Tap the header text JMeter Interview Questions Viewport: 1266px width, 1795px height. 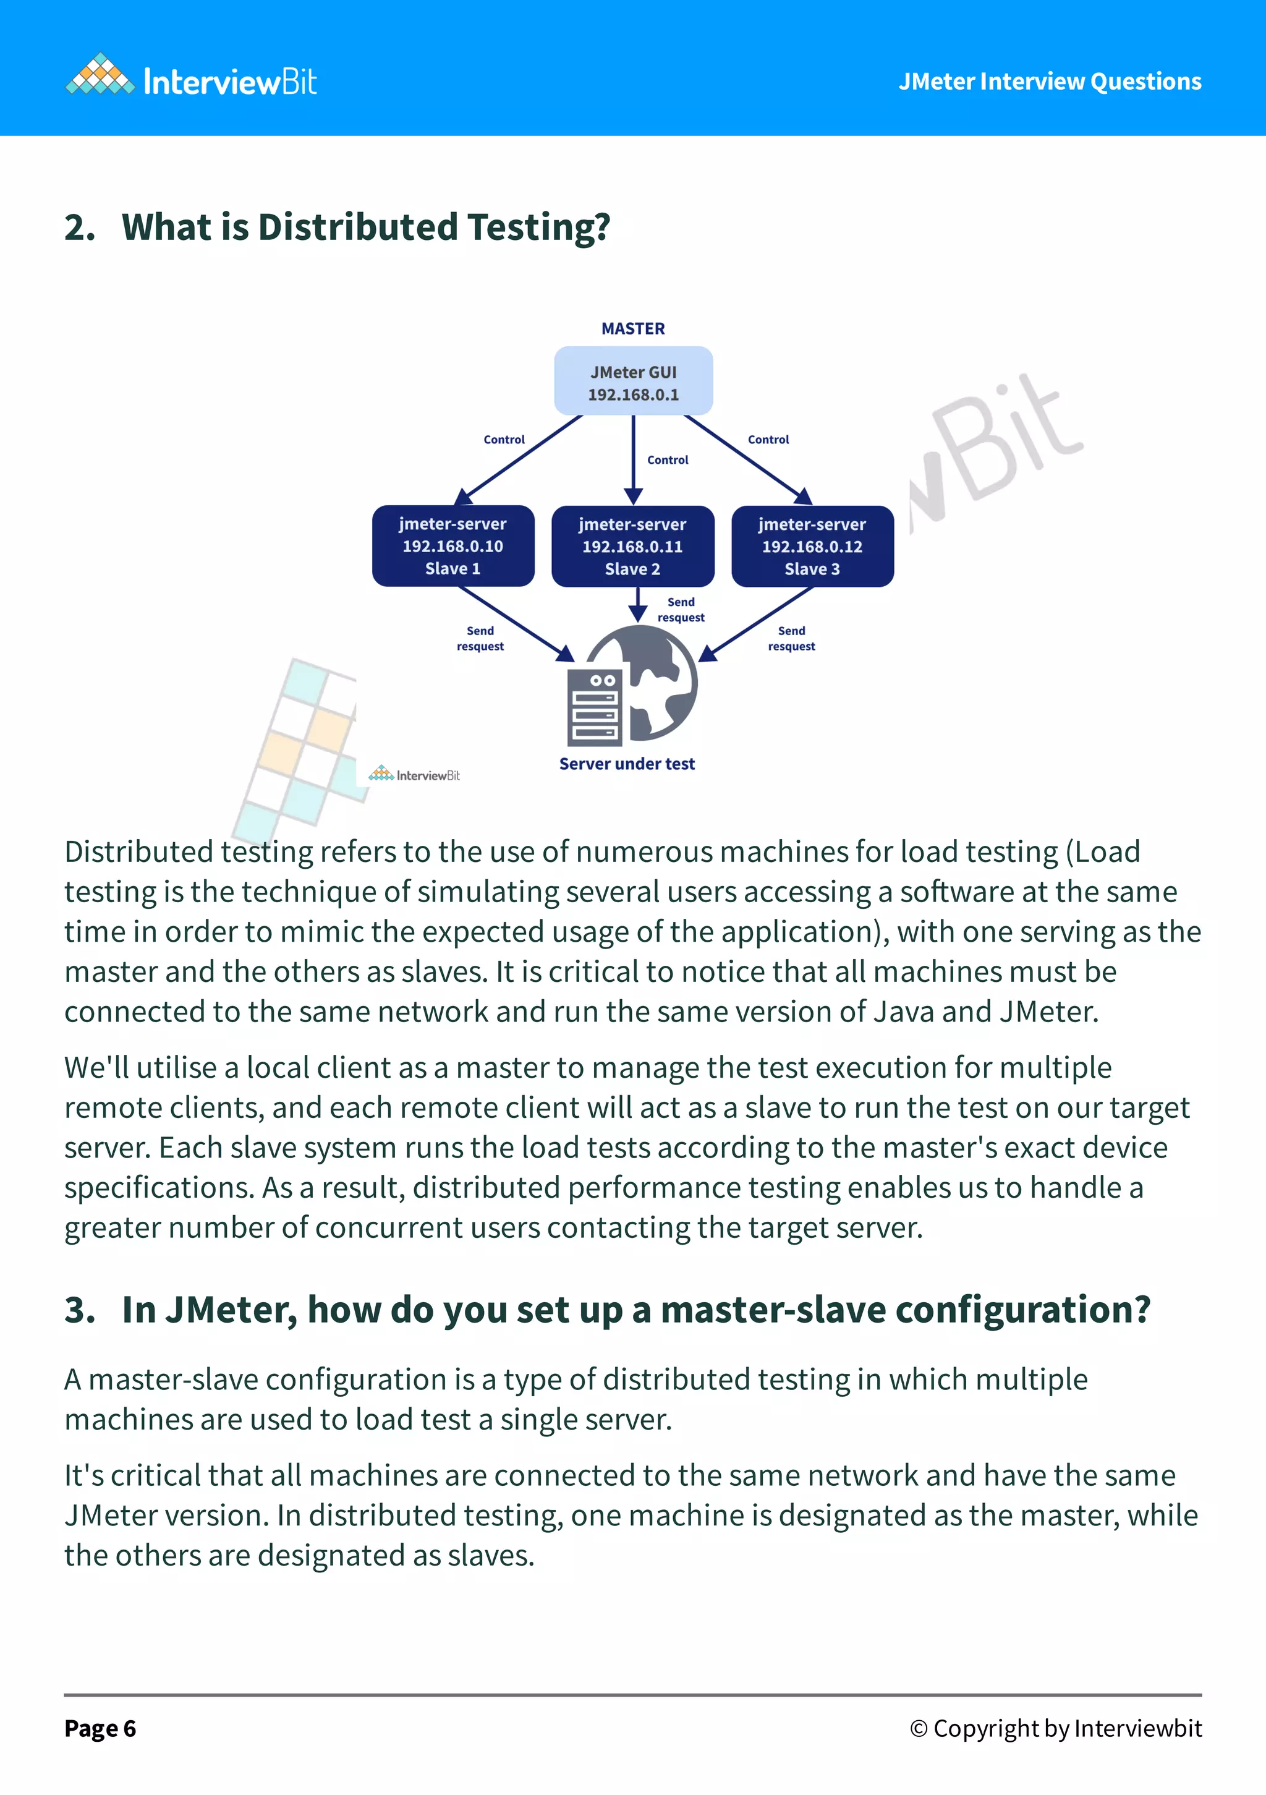pos(1049,81)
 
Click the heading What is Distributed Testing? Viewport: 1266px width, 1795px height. pos(365,228)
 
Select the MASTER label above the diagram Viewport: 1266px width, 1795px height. pos(633,328)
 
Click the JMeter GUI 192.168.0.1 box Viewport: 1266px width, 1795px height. pos(633,382)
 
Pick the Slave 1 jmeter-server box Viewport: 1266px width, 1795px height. pos(453,546)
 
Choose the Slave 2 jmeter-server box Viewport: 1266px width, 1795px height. pos(633,546)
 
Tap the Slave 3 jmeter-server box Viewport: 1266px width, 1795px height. pos(812,546)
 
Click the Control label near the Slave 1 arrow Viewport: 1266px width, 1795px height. pos(504,440)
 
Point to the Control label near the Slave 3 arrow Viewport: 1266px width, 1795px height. pos(768,440)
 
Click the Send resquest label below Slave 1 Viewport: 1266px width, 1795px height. pos(480,638)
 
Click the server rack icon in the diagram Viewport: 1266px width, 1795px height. pos(595,707)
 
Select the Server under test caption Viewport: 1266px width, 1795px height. pos(627,764)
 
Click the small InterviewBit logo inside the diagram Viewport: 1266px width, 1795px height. pos(414,775)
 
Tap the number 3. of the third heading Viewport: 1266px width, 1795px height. pos(80,1310)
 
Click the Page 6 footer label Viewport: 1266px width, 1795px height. pos(100,1729)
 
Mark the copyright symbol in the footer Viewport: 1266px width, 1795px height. pos(918,1729)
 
